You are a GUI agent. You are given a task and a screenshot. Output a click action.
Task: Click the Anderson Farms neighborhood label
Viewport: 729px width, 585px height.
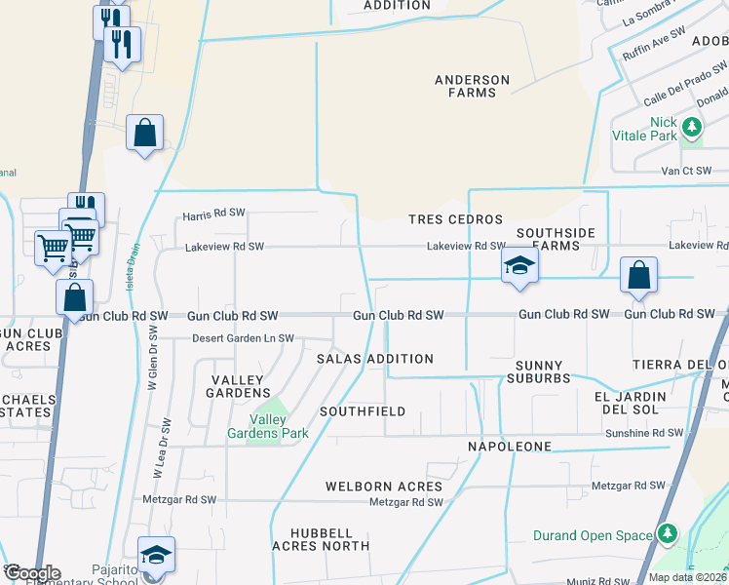(x=472, y=86)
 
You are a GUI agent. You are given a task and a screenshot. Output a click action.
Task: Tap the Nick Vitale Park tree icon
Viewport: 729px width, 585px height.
(x=692, y=127)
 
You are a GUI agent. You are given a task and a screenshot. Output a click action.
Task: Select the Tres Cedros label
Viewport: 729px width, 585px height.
(x=455, y=219)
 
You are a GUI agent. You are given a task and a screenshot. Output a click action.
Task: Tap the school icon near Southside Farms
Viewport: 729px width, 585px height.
(x=520, y=265)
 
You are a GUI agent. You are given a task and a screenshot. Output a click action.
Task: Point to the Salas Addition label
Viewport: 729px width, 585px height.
(x=375, y=359)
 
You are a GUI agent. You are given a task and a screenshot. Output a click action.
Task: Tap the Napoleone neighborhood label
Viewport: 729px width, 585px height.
(x=509, y=447)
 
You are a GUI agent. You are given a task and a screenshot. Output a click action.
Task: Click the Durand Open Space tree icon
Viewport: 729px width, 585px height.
(x=668, y=533)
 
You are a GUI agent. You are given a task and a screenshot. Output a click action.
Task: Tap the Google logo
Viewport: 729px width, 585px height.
(x=31, y=573)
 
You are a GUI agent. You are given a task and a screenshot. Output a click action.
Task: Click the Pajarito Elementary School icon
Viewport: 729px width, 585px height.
(x=156, y=555)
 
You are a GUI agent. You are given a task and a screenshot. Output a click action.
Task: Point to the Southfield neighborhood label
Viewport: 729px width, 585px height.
(x=362, y=411)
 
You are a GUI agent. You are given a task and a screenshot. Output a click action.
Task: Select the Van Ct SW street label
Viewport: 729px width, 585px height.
(x=687, y=171)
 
